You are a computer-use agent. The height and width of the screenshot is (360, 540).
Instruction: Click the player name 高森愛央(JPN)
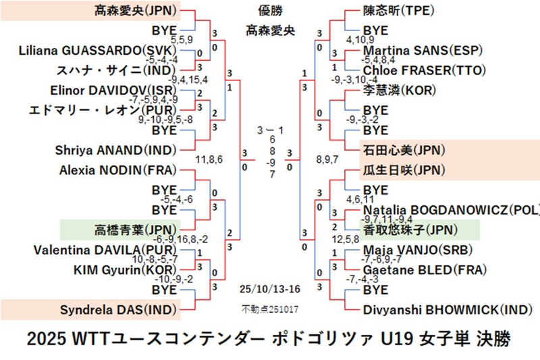(x=132, y=11)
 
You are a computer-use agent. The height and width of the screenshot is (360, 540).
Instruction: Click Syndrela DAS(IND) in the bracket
(x=119, y=311)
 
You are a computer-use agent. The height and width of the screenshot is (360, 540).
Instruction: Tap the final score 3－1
(x=270, y=129)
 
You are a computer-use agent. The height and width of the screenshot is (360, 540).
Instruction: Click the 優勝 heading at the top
(x=270, y=9)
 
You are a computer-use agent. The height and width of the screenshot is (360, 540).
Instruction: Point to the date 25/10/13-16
(x=269, y=289)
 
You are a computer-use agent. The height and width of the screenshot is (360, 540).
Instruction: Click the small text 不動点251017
(x=269, y=310)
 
